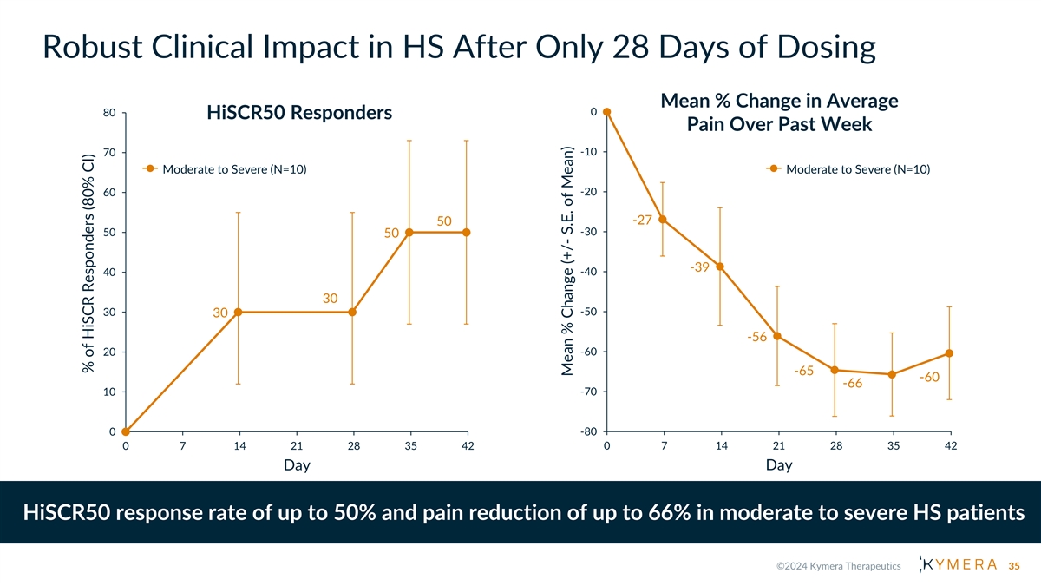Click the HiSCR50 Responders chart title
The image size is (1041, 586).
coord(299,114)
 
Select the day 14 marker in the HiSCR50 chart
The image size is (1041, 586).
coord(238,312)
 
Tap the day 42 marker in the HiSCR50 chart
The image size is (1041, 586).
coord(467,232)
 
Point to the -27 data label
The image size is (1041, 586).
coord(642,220)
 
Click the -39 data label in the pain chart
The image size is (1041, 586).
coord(700,267)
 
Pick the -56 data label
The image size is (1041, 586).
coord(757,337)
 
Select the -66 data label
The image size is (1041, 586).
coord(852,384)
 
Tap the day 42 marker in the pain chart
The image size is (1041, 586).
coord(950,352)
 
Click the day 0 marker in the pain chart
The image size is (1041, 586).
coord(606,111)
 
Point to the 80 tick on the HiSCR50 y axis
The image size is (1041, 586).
coord(109,112)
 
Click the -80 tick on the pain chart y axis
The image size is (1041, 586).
coord(586,431)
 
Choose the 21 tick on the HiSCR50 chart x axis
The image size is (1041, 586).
coord(297,446)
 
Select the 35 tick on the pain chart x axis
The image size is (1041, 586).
coord(894,446)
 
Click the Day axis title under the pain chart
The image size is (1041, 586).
coord(779,465)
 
